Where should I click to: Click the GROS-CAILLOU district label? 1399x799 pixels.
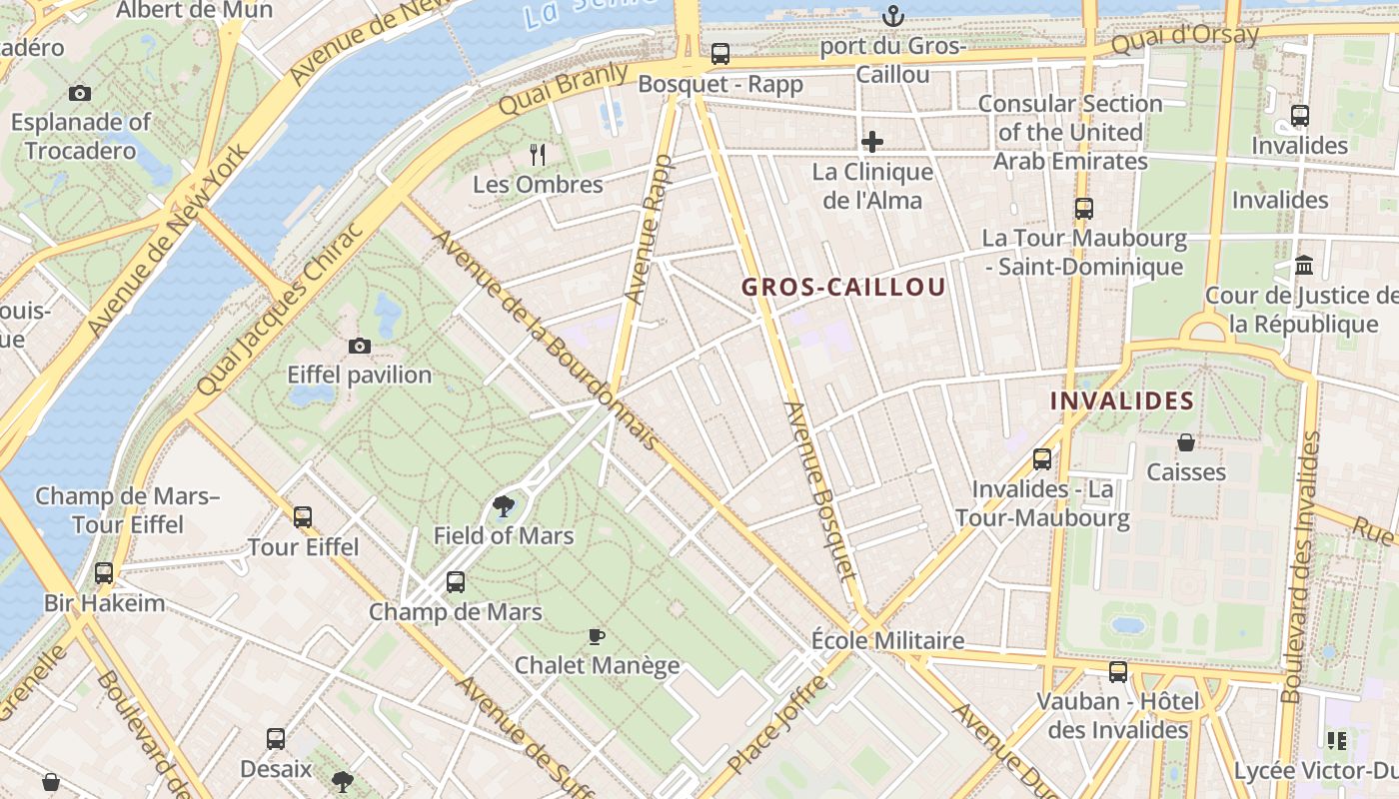click(x=843, y=288)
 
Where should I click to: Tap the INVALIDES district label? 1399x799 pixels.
click(x=1121, y=401)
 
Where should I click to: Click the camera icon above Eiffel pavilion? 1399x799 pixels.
click(x=360, y=347)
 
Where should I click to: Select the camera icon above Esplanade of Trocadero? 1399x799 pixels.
click(x=80, y=94)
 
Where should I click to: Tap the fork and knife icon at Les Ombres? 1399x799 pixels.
click(x=538, y=154)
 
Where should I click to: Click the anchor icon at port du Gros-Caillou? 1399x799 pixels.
click(x=892, y=16)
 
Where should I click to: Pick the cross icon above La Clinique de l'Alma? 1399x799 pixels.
click(x=872, y=142)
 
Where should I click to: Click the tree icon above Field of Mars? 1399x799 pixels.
click(x=504, y=507)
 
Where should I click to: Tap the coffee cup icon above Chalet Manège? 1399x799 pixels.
click(x=597, y=636)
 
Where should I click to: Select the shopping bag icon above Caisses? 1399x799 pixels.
click(x=1186, y=442)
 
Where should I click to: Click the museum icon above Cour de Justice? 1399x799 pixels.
click(x=1304, y=266)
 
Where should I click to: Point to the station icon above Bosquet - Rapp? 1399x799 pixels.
click(x=719, y=54)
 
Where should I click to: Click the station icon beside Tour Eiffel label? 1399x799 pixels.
click(x=303, y=517)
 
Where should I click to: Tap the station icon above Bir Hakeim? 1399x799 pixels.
click(x=104, y=573)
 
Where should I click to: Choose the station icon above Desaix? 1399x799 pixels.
click(x=276, y=740)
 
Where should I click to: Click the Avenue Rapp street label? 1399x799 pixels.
click(x=648, y=230)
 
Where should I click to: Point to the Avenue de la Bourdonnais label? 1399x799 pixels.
click(x=545, y=341)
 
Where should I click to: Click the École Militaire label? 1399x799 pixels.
click(x=887, y=640)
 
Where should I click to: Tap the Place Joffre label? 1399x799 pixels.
click(x=778, y=725)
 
